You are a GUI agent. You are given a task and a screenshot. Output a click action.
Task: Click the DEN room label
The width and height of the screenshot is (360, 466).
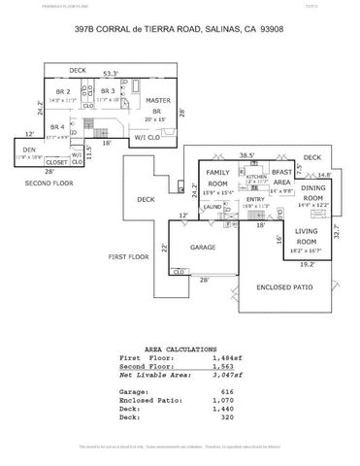(x=29, y=149)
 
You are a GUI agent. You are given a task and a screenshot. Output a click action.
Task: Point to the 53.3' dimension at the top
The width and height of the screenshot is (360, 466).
(x=111, y=74)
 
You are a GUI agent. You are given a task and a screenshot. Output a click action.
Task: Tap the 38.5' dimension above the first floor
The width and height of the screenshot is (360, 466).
(x=246, y=154)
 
